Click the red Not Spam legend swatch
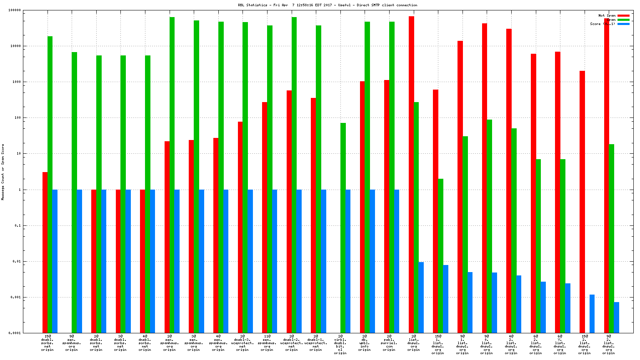pos(623,15)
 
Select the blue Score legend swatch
pos(623,24)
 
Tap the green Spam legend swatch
pos(623,20)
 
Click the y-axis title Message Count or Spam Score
pos(3,172)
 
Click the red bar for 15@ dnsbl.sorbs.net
pos(45,252)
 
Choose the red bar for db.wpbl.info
pos(362,207)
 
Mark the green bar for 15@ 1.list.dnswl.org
pos(440,255)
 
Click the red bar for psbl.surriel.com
pos(387,206)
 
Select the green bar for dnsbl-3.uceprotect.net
pos(245,177)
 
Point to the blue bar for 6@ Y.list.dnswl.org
pos(567,308)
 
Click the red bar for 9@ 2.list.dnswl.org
pos(607,175)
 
